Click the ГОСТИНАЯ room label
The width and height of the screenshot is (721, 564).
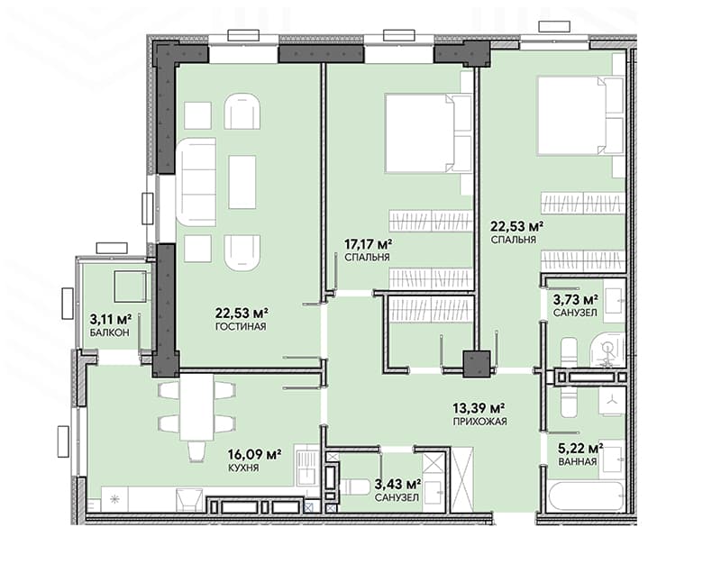point(241,327)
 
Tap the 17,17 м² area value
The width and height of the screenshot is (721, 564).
point(369,243)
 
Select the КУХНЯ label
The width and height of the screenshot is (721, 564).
point(243,468)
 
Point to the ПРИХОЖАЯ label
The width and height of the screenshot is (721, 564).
point(480,422)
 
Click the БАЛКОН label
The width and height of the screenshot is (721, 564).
point(109,332)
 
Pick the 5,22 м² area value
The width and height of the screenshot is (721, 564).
point(580,448)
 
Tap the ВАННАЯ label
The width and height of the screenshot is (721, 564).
point(578,461)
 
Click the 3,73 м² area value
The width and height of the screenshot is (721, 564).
point(576,300)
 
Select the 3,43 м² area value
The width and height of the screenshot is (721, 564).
point(398,484)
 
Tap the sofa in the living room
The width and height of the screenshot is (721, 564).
point(196,182)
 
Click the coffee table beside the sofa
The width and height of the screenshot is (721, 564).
point(242,182)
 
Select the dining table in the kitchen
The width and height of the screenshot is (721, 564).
point(196,407)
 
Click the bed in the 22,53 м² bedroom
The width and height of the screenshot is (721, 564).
point(580,115)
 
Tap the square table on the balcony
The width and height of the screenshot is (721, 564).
point(131,286)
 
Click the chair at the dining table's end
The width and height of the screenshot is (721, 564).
point(196,451)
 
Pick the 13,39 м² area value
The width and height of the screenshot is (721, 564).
point(479,408)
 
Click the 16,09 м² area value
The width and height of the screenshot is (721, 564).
point(255,455)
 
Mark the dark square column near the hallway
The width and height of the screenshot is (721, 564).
point(477,364)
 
